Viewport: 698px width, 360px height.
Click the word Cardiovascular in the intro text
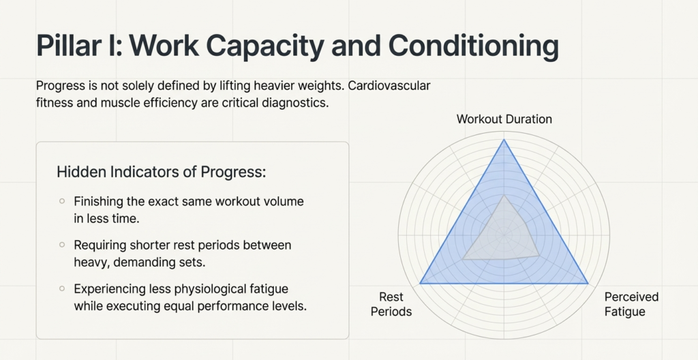(389, 87)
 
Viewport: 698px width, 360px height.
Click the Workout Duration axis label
(504, 119)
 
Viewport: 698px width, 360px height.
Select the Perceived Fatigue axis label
(631, 304)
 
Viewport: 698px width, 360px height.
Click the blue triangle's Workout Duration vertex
(504, 140)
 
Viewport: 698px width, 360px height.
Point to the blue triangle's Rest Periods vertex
(421, 283)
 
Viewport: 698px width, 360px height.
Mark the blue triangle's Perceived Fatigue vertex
(588, 283)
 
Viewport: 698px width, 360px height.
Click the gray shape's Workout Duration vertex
(504, 196)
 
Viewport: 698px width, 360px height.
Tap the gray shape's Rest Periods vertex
(463, 259)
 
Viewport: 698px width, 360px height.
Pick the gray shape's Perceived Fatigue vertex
(539, 255)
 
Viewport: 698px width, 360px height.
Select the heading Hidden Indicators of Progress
(161, 172)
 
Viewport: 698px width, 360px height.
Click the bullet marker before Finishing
(62, 201)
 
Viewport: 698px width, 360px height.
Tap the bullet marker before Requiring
(62, 243)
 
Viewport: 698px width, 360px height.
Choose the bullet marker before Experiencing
(62, 287)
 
